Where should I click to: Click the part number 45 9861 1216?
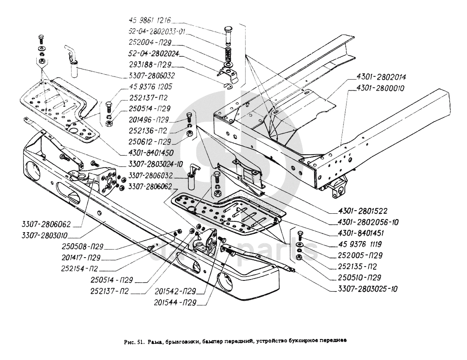(x=150, y=21)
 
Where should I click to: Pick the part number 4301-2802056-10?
(x=362, y=222)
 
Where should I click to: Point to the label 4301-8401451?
(x=357, y=233)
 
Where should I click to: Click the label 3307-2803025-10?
(x=365, y=289)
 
